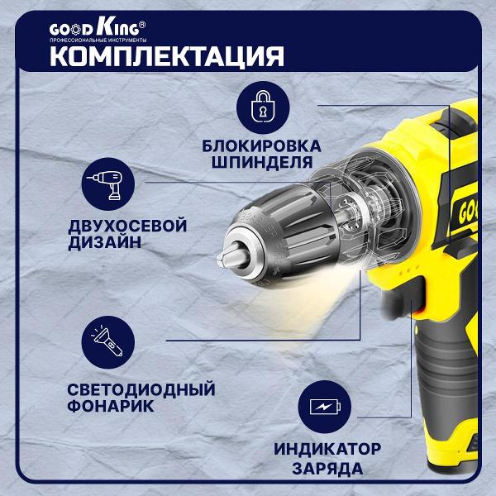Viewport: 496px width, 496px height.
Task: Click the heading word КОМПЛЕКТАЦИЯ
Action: pos(167,56)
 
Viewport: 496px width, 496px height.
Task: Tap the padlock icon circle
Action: pos(263,107)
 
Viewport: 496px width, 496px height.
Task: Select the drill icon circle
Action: pos(107,184)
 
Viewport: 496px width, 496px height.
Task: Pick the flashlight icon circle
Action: pos(107,342)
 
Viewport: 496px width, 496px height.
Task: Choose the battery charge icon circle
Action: pos(325,407)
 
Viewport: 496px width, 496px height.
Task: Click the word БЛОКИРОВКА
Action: pos(261,146)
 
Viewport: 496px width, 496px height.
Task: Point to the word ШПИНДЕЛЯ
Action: pos(262,163)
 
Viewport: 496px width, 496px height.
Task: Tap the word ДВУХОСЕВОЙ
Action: pos(127,227)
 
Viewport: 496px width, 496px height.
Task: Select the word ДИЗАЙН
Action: pos(105,243)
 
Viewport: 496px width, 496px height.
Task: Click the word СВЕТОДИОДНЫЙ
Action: pos(141,389)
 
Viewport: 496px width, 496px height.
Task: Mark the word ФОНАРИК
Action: pos(111,406)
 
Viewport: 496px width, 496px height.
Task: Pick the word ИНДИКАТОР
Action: pos(327,449)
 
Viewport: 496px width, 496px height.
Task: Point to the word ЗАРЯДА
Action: pos(327,469)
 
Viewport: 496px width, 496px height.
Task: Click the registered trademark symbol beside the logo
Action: pos(142,25)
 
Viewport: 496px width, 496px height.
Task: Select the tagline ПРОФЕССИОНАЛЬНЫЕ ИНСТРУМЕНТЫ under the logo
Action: pos(98,41)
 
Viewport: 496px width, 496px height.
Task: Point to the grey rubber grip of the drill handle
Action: pos(446,379)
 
